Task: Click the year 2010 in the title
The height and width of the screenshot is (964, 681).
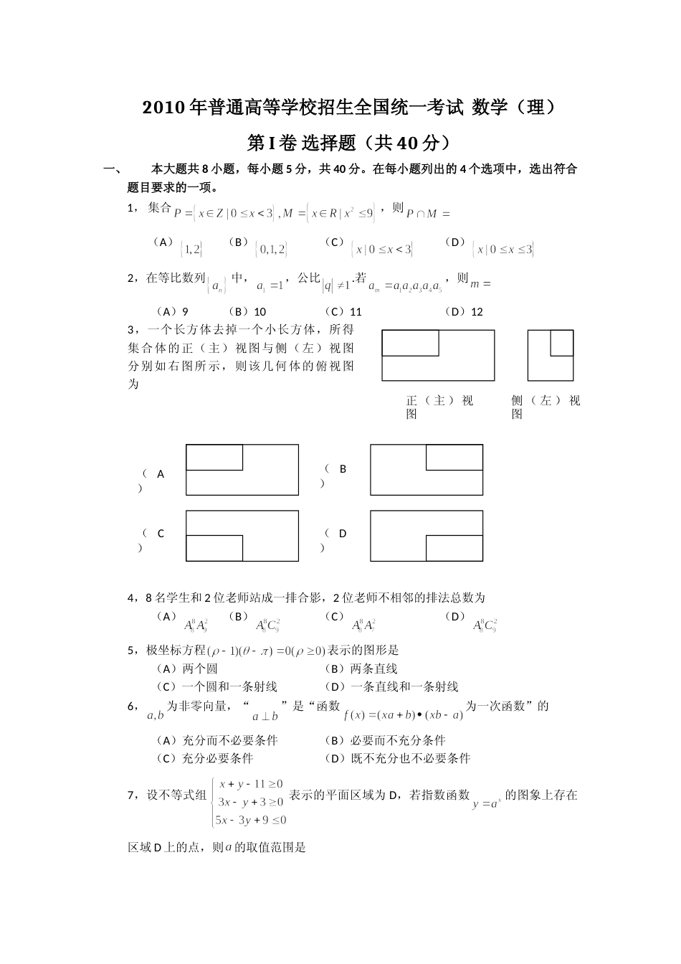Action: click(163, 108)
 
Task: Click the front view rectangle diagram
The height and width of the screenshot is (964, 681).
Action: click(438, 355)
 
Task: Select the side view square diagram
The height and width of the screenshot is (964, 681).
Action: click(551, 355)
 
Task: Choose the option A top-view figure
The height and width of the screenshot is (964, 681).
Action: click(242, 470)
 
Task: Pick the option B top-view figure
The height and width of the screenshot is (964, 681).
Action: click(427, 470)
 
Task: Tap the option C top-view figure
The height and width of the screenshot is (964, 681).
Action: click(242, 536)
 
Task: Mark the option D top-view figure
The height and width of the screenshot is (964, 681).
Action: click(427, 536)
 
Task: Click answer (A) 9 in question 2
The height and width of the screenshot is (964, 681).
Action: click(173, 311)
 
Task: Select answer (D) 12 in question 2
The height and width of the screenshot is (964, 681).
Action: click(465, 311)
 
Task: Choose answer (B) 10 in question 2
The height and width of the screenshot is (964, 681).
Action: click(247, 311)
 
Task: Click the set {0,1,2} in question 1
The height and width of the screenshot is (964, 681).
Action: click(271, 250)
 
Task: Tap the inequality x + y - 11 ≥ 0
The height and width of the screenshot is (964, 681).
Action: click(251, 784)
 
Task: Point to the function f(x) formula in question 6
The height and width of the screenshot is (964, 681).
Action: click(404, 715)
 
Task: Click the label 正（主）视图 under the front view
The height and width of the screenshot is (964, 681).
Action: click(439, 407)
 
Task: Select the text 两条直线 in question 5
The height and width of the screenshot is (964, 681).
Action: click(373, 668)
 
